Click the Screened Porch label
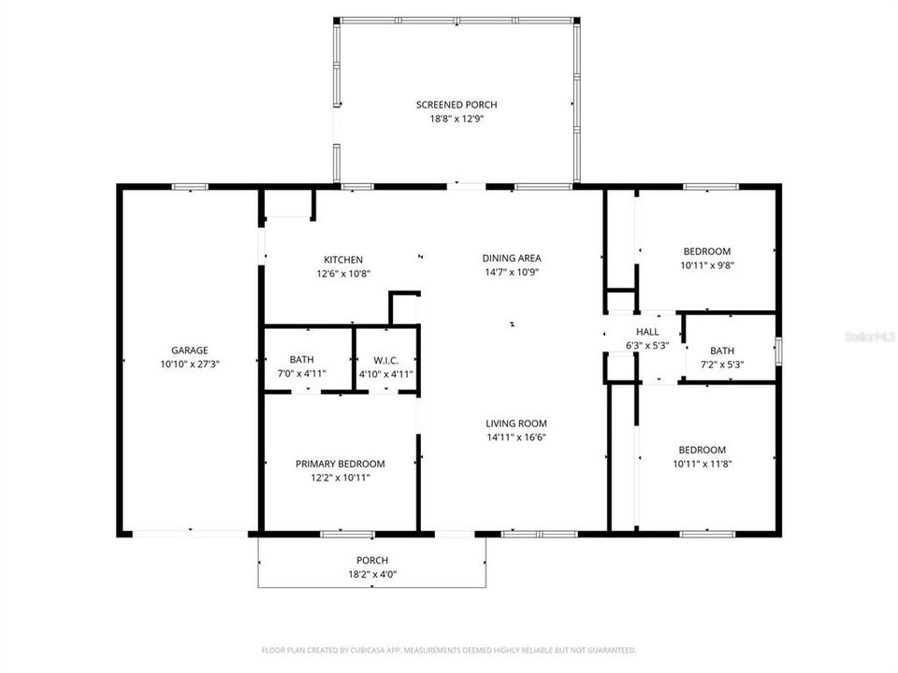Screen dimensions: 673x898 (456, 105)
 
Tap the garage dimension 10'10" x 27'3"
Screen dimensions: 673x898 (189, 365)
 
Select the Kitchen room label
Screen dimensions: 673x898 (343, 260)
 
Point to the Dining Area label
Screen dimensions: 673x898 (512, 258)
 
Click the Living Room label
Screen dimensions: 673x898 (515, 422)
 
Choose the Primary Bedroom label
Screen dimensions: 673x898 (340, 464)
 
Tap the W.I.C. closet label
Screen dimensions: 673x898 (386, 359)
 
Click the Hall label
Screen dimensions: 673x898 (647, 332)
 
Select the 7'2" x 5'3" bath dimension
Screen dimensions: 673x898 (721, 365)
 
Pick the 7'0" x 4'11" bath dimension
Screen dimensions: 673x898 (302, 374)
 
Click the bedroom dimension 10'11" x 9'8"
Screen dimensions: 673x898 (707, 265)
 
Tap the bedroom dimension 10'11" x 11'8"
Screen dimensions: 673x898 (707, 464)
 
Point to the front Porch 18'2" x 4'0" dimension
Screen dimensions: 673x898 (372, 575)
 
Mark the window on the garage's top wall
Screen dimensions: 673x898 (188, 187)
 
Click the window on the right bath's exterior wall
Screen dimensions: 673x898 (778, 348)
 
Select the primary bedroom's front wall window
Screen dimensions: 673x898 (335, 534)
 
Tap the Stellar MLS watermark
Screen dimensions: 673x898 (869, 335)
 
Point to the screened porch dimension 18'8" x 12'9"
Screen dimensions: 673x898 (456, 119)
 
